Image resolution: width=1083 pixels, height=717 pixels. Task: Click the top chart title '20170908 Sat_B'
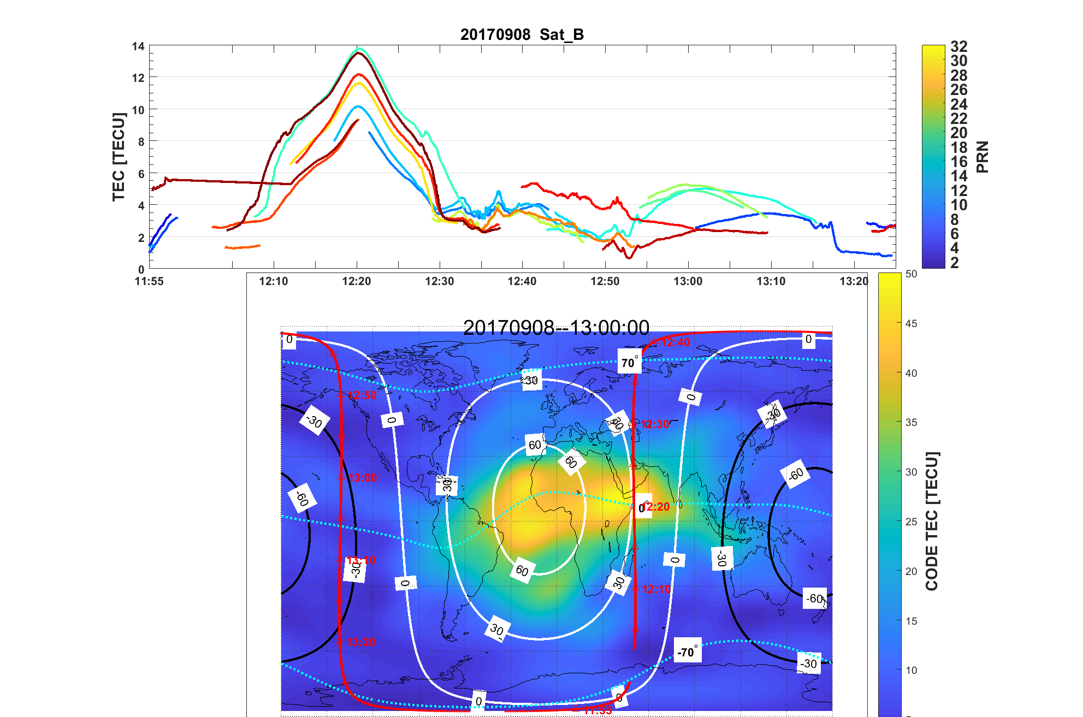pyautogui.click(x=522, y=34)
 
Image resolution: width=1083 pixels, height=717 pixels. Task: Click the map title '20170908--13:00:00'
pyautogui.click(x=556, y=328)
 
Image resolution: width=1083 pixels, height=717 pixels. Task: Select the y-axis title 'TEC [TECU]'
pyautogui.click(x=119, y=157)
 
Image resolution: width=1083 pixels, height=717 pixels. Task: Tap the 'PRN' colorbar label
pyautogui.click(x=982, y=157)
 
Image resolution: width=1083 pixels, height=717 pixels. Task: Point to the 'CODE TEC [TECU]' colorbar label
pyautogui.click(x=931, y=521)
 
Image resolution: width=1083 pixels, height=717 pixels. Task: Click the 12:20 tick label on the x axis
pyautogui.click(x=356, y=281)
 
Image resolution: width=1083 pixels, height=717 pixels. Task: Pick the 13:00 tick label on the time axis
pyautogui.click(x=688, y=281)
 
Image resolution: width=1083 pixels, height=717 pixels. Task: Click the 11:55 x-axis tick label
pyautogui.click(x=149, y=281)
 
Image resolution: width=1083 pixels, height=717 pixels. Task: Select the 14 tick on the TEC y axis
pyautogui.click(x=138, y=47)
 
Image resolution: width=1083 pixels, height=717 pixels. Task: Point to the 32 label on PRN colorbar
pyautogui.click(x=958, y=46)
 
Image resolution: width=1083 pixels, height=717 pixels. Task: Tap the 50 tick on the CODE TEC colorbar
pyautogui.click(x=911, y=274)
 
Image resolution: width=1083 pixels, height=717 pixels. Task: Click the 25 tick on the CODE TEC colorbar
pyautogui.click(x=911, y=522)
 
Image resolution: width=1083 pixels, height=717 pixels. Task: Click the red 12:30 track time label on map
pyautogui.click(x=655, y=424)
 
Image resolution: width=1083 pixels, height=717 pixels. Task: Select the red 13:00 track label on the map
pyautogui.click(x=363, y=478)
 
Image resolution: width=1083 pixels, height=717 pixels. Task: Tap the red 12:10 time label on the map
pyautogui.click(x=656, y=589)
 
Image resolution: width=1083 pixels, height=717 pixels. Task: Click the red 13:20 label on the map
pyautogui.click(x=361, y=642)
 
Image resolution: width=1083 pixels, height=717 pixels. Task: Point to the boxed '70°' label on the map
pyautogui.click(x=629, y=363)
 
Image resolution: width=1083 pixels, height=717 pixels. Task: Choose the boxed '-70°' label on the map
pyautogui.click(x=687, y=651)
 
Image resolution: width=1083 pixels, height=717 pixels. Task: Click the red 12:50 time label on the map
pyautogui.click(x=362, y=395)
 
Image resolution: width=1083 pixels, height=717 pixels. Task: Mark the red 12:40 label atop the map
pyautogui.click(x=676, y=342)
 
